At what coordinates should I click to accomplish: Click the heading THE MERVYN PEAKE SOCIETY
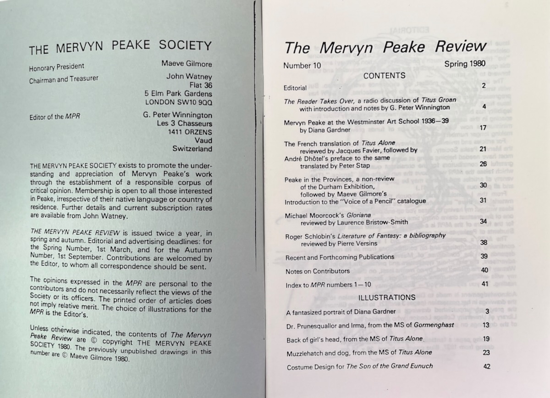point(120,47)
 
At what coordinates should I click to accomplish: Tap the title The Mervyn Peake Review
point(385,47)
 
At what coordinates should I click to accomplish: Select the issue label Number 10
point(302,66)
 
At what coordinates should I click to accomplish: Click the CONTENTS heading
point(384,76)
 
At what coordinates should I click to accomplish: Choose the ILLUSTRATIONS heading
point(387,297)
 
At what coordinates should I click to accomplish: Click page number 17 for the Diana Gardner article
point(482,127)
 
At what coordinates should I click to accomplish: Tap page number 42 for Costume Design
point(486,366)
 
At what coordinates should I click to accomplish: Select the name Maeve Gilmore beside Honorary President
point(187,64)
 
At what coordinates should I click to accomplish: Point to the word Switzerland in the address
point(192,149)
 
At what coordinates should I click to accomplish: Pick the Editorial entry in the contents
point(295,88)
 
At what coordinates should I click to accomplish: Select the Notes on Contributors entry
point(318,271)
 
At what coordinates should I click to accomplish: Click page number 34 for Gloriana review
point(483,221)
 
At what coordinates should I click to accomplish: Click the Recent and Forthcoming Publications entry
point(340,257)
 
